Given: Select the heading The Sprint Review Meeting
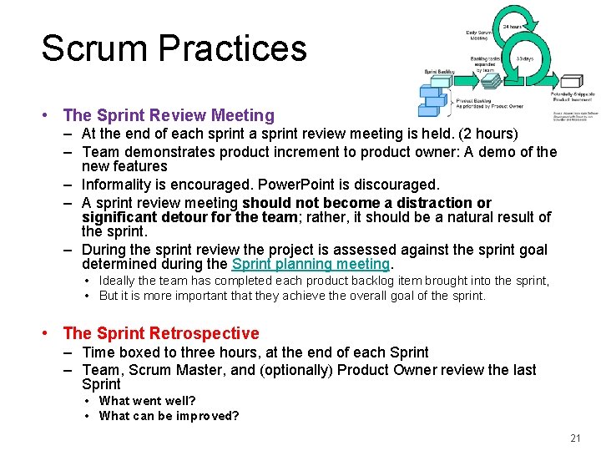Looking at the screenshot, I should [169, 115].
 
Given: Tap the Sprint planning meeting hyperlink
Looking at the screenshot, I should [311, 264].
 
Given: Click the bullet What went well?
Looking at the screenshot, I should [147, 401].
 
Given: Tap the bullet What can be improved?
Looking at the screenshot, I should [169, 416].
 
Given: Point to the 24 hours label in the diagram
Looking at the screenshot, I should [512, 27].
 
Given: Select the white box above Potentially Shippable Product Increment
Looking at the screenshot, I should [571, 81].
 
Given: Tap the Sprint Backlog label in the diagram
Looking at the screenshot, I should [439, 72].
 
